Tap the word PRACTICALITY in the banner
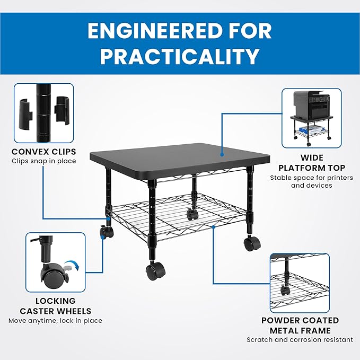180,57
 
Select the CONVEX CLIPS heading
43,152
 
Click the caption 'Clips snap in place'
43,161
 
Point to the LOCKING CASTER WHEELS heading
55,306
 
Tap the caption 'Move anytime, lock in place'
55,321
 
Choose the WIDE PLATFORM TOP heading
312,163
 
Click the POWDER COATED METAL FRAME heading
300,326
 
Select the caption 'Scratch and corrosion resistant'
300,339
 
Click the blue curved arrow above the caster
72,264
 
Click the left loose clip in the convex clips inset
25,111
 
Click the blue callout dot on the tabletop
222,155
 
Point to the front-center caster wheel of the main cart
155,271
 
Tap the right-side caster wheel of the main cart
252,243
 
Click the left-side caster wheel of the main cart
107,232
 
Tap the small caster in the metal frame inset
285,291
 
